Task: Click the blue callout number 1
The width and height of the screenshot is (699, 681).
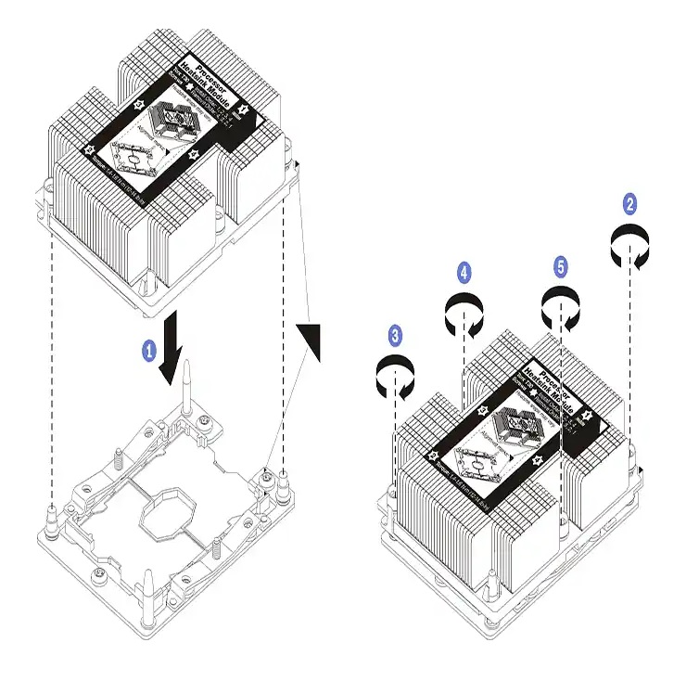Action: point(147,350)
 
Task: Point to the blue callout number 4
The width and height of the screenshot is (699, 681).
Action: point(464,272)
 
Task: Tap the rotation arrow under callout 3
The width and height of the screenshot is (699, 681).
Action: point(396,373)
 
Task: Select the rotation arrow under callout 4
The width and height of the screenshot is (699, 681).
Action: point(464,311)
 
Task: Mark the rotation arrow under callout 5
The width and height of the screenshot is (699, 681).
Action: point(561,305)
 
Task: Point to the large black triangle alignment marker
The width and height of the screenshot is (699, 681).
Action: point(311,338)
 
